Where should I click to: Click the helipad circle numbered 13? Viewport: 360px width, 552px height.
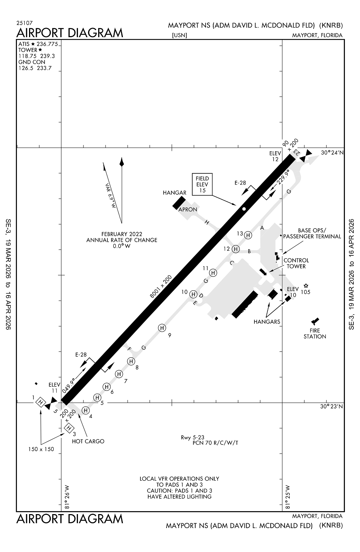(x=248, y=235)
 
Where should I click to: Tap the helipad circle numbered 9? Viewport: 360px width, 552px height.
(x=162, y=328)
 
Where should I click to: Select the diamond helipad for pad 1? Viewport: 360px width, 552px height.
(x=40, y=402)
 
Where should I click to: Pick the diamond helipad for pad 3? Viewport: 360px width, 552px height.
(x=68, y=428)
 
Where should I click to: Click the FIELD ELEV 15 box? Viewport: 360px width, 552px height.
(x=202, y=184)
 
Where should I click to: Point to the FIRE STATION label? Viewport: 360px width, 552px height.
(x=315, y=333)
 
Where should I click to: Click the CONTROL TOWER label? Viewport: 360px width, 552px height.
(x=296, y=263)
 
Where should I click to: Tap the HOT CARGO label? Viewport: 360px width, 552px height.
(x=88, y=441)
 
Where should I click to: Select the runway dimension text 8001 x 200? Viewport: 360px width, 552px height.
(x=161, y=286)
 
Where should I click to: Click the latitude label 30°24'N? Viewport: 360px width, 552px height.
(x=331, y=152)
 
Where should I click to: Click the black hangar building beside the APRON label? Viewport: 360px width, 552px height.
(x=179, y=203)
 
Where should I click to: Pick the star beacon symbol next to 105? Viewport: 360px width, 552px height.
(x=306, y=286)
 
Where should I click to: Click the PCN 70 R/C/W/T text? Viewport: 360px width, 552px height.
(x=215, y=443)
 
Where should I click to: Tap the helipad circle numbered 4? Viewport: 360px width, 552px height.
(x=86, y=410)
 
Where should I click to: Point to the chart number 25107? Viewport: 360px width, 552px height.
(x=24, y=23)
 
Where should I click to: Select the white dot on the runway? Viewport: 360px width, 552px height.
(x=244, y=209)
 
